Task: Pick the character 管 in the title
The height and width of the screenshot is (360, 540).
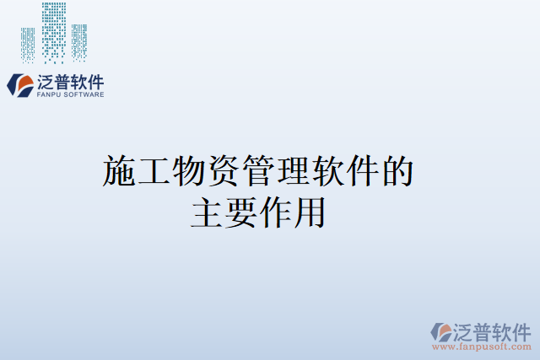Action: click(257, 171)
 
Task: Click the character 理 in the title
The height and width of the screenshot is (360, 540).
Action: click(292, 171)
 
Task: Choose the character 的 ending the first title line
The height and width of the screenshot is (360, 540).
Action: click(397, 171)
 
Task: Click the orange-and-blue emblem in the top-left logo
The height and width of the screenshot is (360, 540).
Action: click(19, 85)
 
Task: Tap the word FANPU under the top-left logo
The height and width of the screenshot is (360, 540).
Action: click(49, 95)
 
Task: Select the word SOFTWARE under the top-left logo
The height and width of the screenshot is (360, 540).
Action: click(84, 95)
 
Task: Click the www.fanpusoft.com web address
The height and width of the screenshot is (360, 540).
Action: click(482, 346)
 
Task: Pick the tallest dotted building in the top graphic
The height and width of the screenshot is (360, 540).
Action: click(54, 32)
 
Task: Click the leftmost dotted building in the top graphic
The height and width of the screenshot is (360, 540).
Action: click(29, 45)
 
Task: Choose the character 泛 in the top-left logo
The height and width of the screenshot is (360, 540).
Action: click(46, 82)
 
